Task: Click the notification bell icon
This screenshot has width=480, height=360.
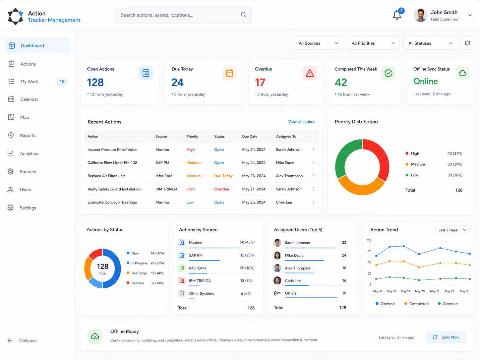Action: [x=397, y=15]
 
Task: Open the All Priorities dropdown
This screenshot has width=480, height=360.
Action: [x=373, y=43]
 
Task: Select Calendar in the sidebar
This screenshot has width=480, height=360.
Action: [x=29, y=99]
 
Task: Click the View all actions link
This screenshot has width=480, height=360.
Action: [x=301, y=122]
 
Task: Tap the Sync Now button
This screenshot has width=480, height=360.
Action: [x=446, y=337]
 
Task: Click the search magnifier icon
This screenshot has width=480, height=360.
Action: [x=244, y=15]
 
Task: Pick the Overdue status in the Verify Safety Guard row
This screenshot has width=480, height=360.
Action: [x=221, y=189]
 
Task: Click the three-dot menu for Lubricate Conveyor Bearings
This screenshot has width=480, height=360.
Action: [x=313, y=202]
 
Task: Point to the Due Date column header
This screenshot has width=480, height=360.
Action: [x=250, y=136]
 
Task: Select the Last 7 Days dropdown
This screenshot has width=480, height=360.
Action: [x=452, y=230]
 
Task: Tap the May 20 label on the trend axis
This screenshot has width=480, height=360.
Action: [x=420, y=291]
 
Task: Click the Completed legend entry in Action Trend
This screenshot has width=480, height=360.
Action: [x=416, y=304]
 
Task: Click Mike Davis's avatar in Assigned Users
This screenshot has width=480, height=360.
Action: [x=277, y=255]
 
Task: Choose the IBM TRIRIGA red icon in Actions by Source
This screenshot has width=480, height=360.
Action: [x=182, y=281]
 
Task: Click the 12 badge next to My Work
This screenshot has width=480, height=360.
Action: [x=62, y=82]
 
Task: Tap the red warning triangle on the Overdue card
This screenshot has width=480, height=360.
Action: [x=310, y=73]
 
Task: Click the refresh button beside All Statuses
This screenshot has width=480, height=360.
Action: [x=467, y=43]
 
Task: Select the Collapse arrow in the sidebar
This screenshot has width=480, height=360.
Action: [x=10, y=340]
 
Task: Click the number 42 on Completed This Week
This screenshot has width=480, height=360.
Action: [x=341, y=83]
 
